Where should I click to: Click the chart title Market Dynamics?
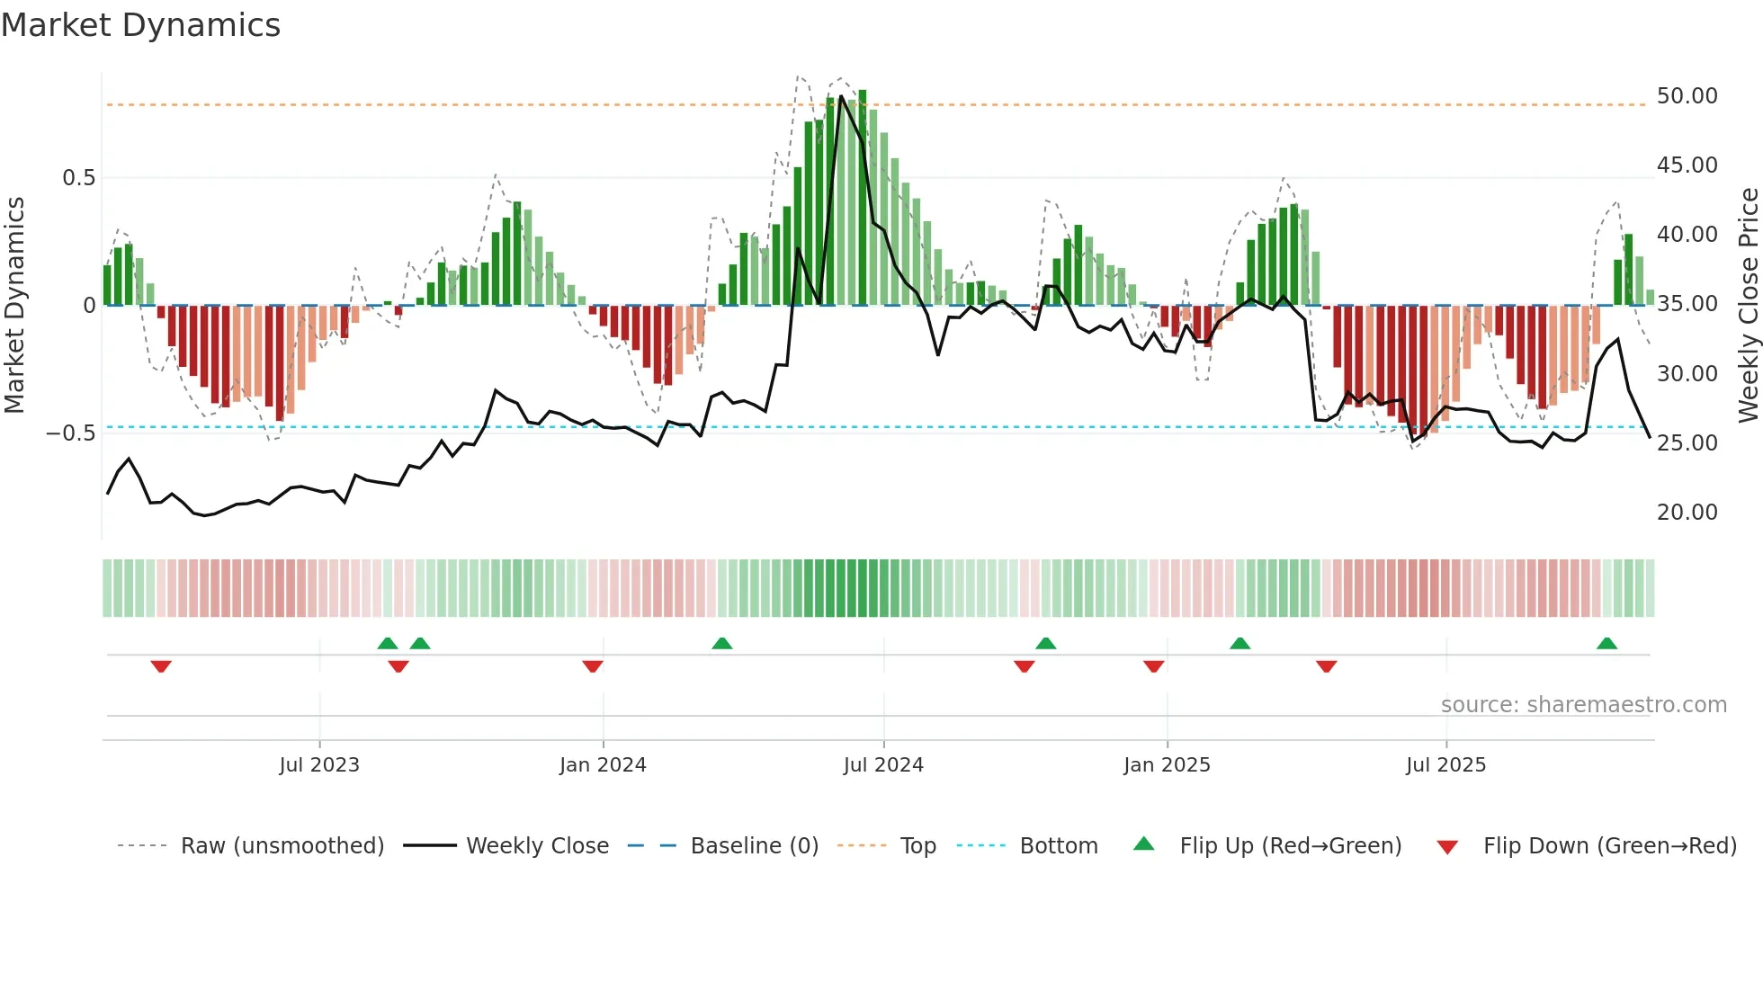[x=140, y=25]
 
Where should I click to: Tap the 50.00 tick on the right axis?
[x=1687, y=96]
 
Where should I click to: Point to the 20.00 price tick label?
[x=1687, y=513]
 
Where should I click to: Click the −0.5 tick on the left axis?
[x=71, y=433]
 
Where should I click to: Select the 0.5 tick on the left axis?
[x=78, y=178]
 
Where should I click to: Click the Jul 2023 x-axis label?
[x=318, y=765]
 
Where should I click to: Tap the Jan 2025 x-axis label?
[x=1167, y=765]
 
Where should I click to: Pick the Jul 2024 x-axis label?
[x=883, y=765]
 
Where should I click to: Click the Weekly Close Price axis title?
[x=1748, y=305]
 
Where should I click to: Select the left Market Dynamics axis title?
[x=14, y=305]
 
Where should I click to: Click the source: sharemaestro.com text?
[x=1583, y=705]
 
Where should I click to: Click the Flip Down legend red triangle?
[x=1447, y=847]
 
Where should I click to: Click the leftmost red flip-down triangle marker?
[x=161, y=666]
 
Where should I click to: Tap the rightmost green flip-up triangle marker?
[x=1606, y=643]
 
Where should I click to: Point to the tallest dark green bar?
[x=862, y=198]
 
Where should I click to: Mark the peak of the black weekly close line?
[x=841, y=96]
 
